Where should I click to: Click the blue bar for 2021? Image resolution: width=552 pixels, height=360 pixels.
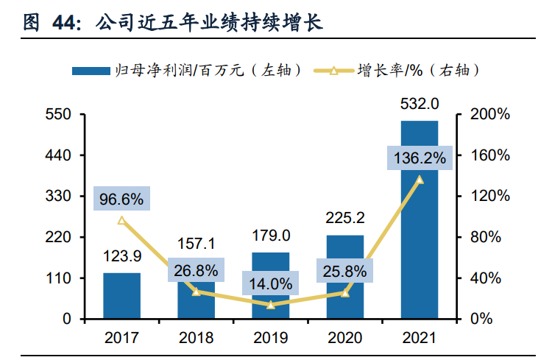[x=419, y=221]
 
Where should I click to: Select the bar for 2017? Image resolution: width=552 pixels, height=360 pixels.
[x=121, y=296]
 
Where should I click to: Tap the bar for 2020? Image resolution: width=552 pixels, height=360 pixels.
[x=344, y=277]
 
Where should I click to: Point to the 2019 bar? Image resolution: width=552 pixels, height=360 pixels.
[x=270, y=286]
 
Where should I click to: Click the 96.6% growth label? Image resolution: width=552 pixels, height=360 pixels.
[x=121, y=199]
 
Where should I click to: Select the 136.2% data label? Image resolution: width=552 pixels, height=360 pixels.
[x=420, y=158]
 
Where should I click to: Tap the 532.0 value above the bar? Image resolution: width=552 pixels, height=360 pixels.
[x=419, y=103]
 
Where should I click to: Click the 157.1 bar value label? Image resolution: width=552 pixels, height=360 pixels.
[x=196, y=244]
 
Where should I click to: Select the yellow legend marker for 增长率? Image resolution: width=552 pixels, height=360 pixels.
[x=333, y=71]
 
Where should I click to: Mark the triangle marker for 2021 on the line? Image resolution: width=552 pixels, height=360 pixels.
[x=420, y=180]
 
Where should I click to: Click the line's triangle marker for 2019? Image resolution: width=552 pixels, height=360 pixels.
[x=271, y=305]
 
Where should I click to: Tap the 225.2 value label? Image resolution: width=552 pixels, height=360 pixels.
[x=344, y=217]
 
